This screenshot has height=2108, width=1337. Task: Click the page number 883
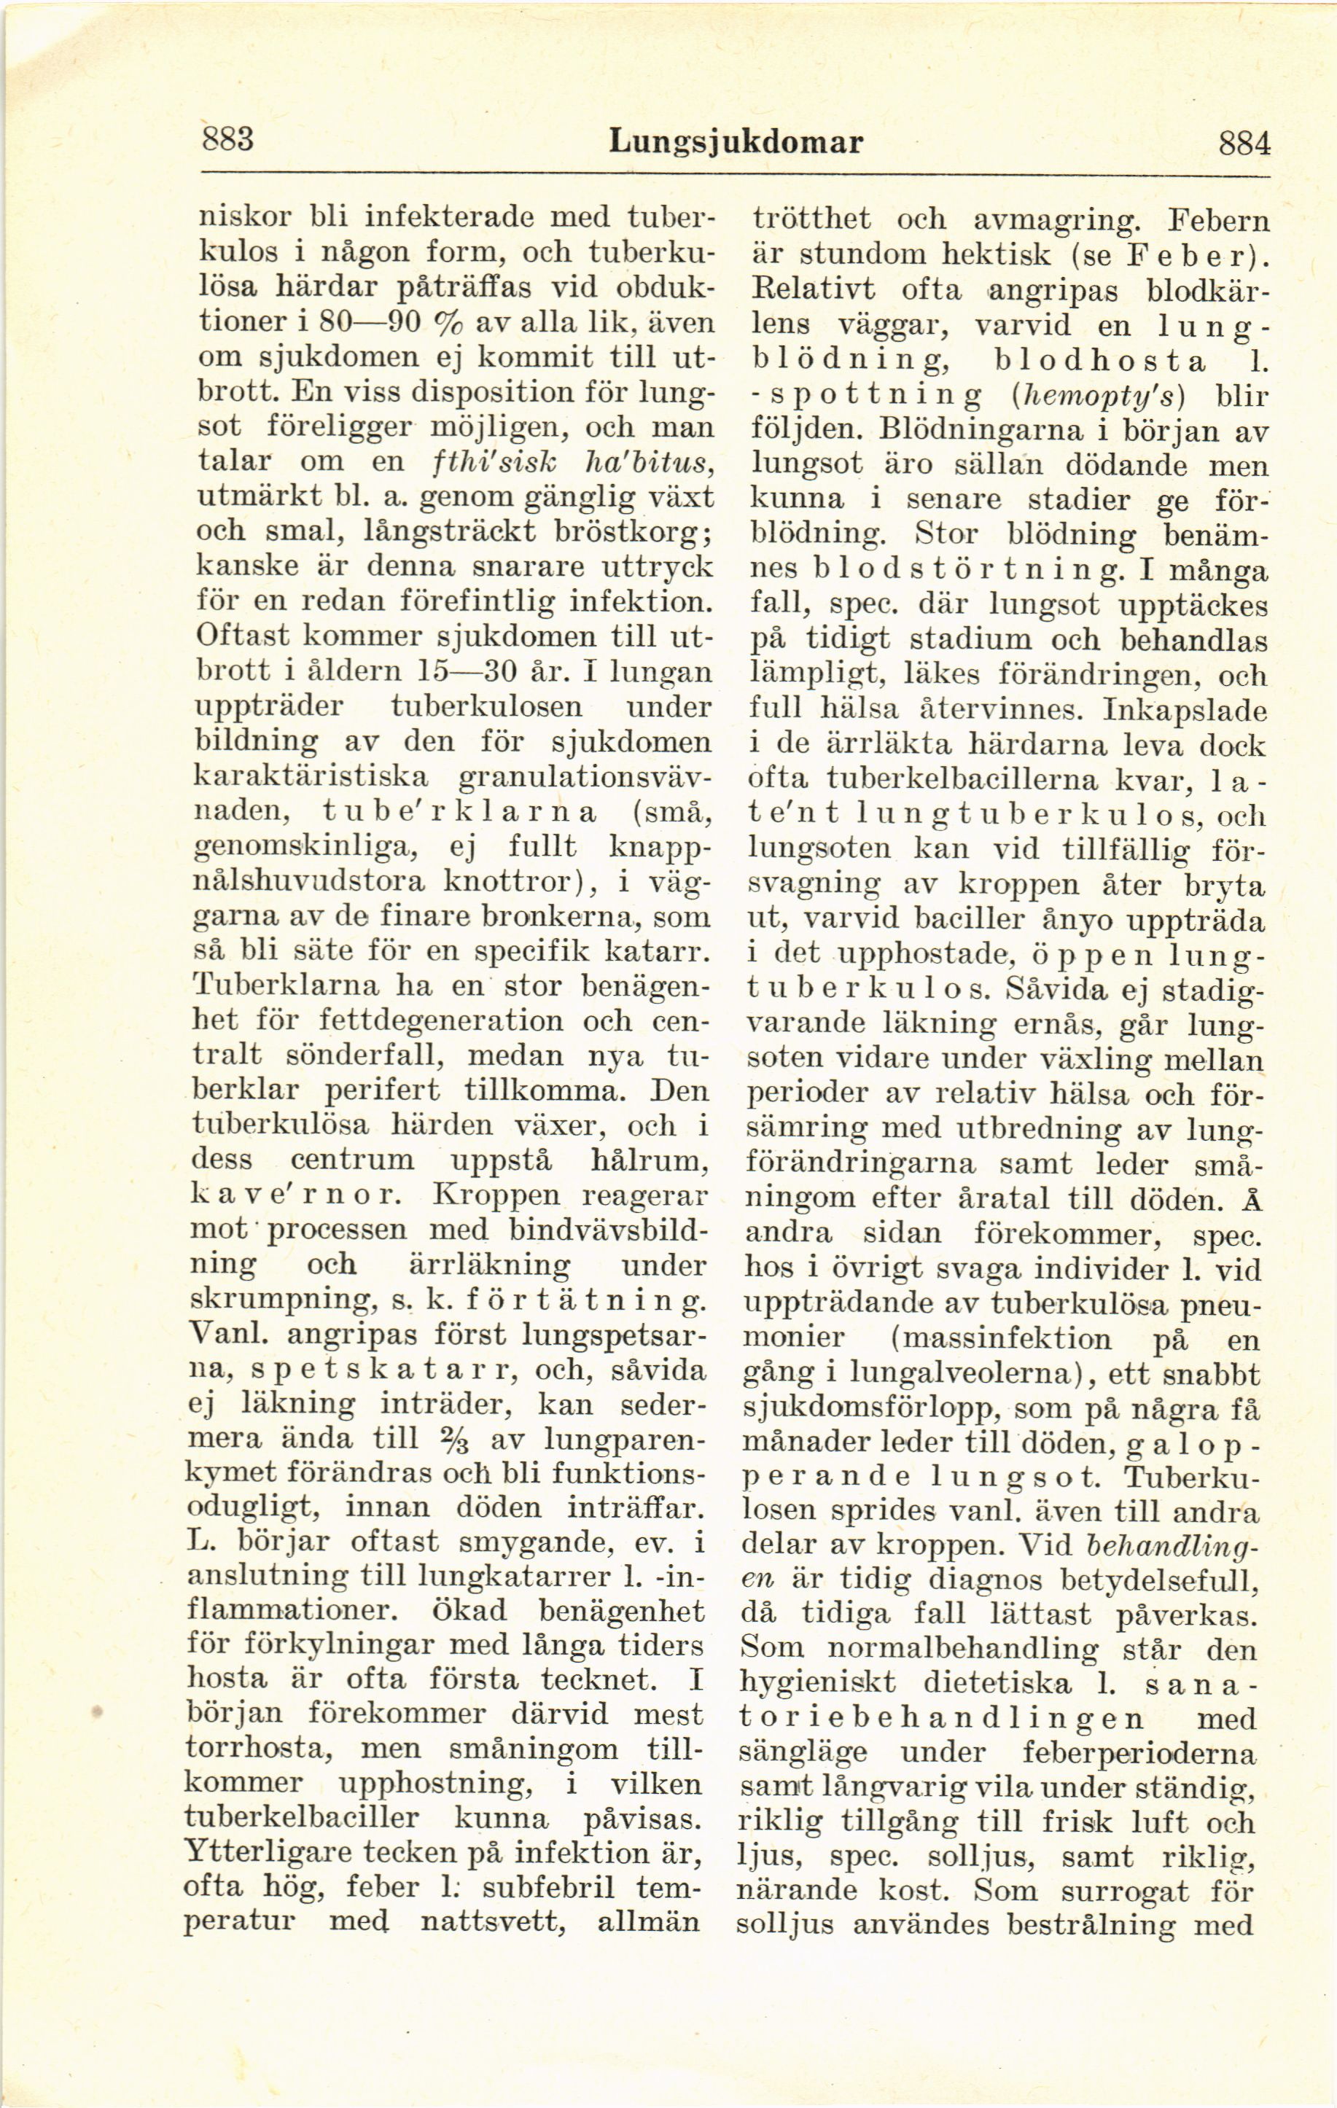point(227,138)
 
